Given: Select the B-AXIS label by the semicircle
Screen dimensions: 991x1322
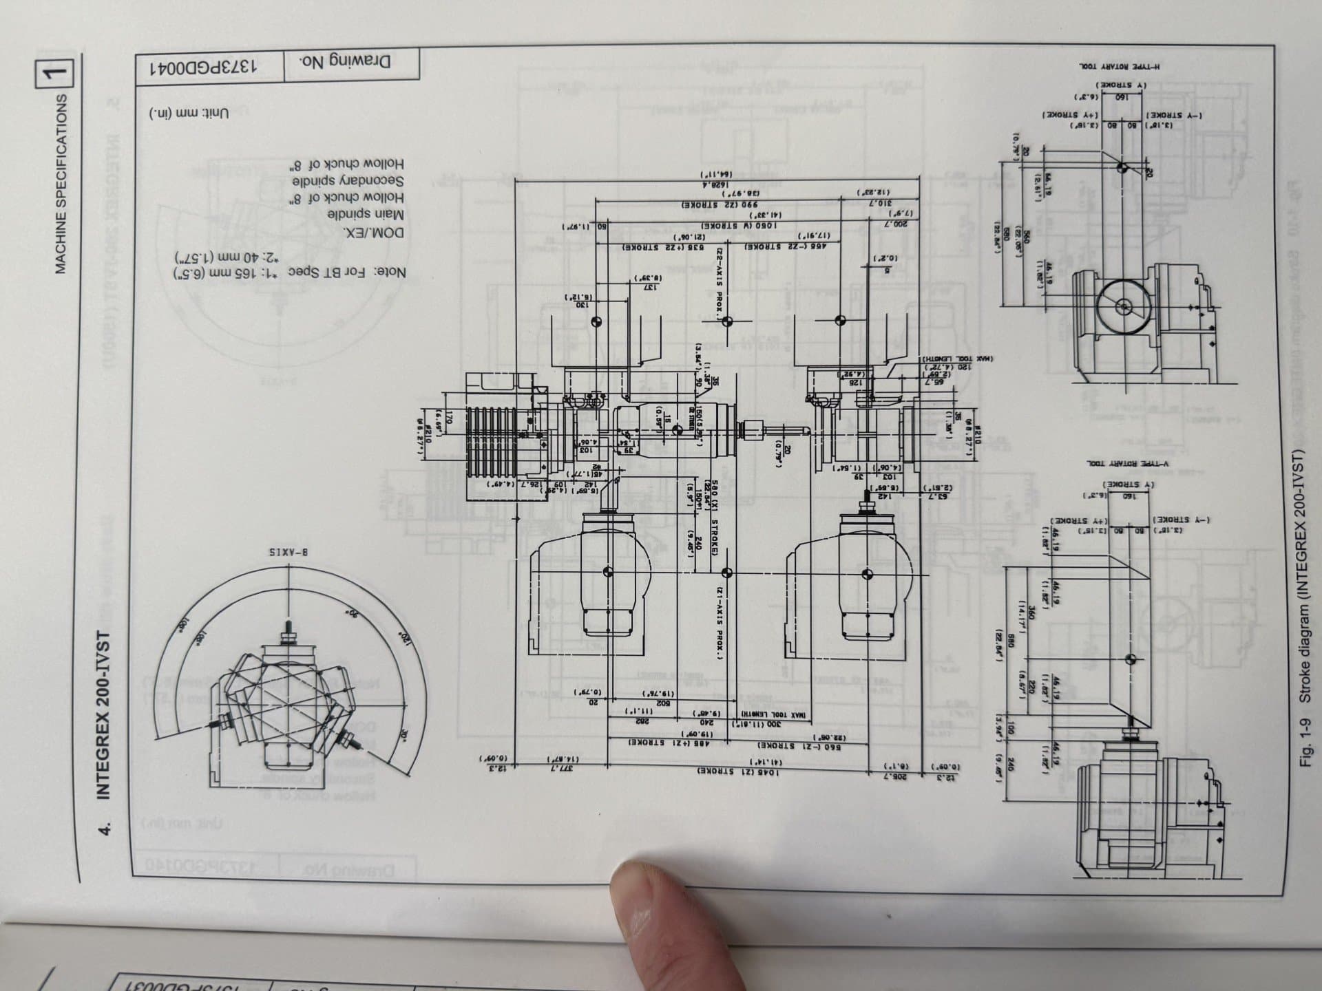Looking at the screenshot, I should (x=287, y=552).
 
